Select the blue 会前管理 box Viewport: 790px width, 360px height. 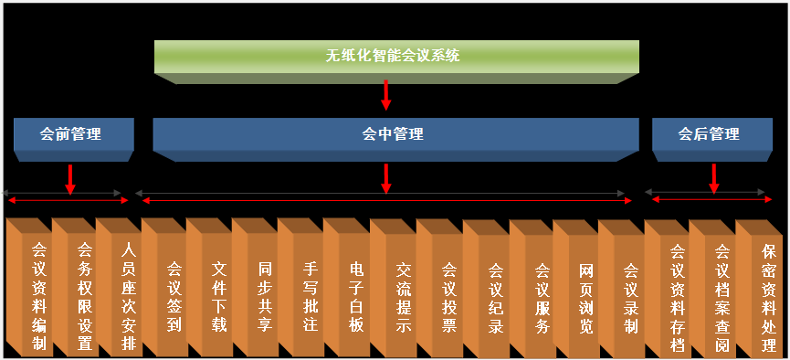70,135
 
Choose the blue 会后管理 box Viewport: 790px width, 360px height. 709,135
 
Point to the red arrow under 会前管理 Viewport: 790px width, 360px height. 70,178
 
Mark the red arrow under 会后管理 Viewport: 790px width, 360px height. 713,178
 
